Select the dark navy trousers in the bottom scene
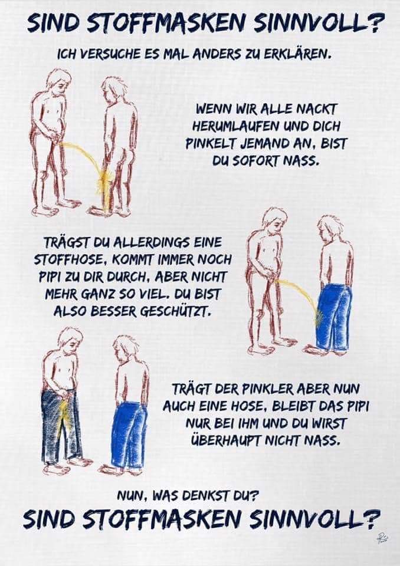(61, 422)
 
